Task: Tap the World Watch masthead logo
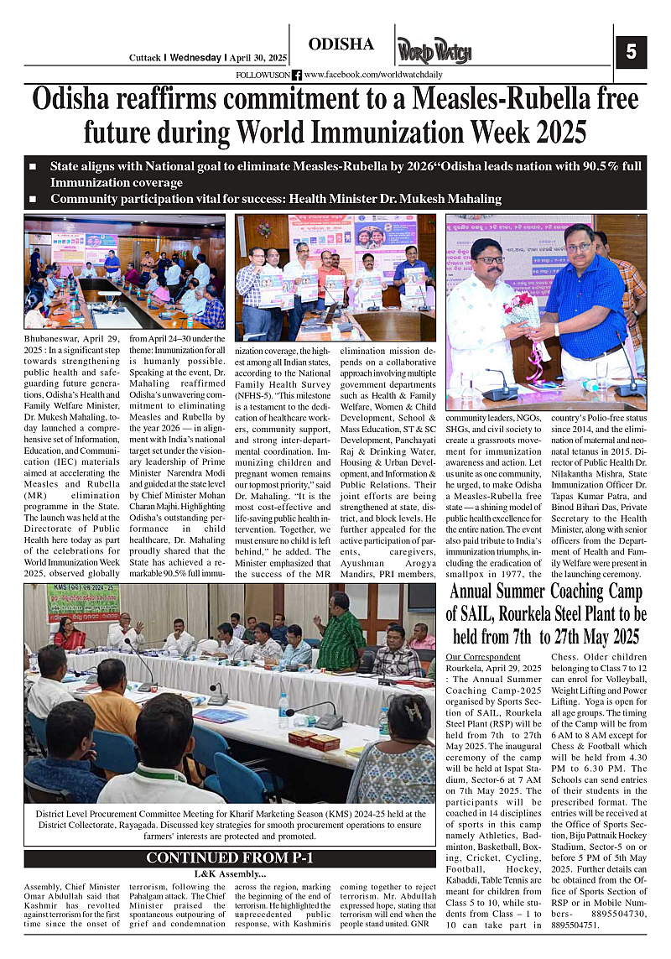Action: click(x=434, y=51)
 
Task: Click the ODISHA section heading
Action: click(x=341, y=44)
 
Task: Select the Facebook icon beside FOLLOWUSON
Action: click(x=297, y=76)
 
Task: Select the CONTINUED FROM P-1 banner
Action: click(x=230, y=858)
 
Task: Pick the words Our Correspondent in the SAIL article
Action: click(x=483, y=656)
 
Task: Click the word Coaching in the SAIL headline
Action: click(x=600, y=592)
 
